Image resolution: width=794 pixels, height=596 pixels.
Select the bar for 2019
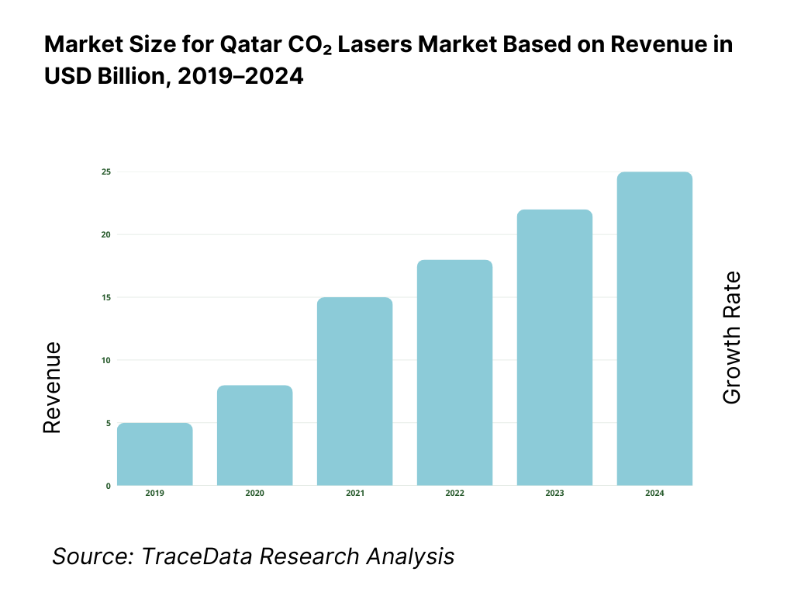tap(155, 455)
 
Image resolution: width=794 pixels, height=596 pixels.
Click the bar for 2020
tap(254, 436)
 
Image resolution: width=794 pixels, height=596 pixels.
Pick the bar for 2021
tap(354, 392)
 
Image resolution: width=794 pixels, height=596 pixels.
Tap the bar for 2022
tap(454, 373)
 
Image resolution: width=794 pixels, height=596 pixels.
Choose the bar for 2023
tap(554, 348)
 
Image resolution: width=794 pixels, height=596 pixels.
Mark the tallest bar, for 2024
tap(654, 329)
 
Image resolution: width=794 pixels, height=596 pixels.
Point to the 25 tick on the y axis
tap(105, 172)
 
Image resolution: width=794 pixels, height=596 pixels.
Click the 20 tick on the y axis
tap(105, 234)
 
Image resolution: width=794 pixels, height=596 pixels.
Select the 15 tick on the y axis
tap(105, 297)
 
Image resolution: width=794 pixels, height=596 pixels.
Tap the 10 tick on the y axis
tap(105, 360)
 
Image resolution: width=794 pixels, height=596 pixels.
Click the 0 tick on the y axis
tap(108, 486)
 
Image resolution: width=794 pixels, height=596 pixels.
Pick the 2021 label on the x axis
tap(354, 494)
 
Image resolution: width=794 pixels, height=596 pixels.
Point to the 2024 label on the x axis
tap(654, 494)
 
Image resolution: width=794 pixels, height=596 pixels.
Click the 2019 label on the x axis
tap(155, 494)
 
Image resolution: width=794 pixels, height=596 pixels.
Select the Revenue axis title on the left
tap(52, 387)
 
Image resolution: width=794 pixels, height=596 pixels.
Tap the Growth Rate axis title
tap(731, 338)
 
